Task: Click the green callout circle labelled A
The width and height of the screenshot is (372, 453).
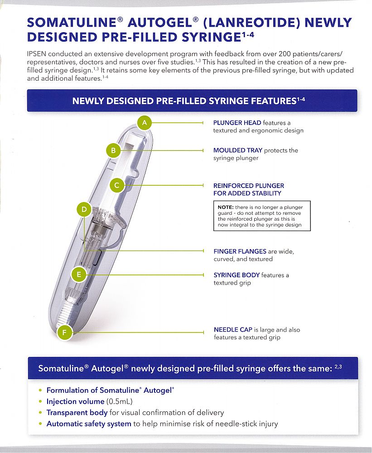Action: pyautogui.click(x=145, y=122)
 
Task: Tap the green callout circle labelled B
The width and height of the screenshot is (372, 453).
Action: pyautogui.click(x=114, y=150)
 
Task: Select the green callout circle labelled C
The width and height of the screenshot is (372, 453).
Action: pyautogui.click(x=117, y=185)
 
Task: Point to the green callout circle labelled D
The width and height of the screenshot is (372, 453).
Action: pyautogui.click(x=84, y=209)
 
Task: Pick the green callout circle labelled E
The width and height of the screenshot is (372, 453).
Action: pyautogui.click(x=79, y=274)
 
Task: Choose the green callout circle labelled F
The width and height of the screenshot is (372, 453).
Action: pyautogui.click(x=65, y=333)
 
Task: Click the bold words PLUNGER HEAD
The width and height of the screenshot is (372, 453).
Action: pyautogui.click(x=237, y=123)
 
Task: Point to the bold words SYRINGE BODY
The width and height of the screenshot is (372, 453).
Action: pyautogui.click(x=236, y=275)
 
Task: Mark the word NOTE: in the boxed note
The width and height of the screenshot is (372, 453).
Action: pyautogui.click(x=225, y=207)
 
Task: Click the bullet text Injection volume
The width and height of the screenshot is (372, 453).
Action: pyautogui.click(x=75, y=401)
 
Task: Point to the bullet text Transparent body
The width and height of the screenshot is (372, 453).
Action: pyautogui.click(x=77, y=413)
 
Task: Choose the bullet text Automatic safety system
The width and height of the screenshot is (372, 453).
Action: pyautogui.click(x=89, y=424)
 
